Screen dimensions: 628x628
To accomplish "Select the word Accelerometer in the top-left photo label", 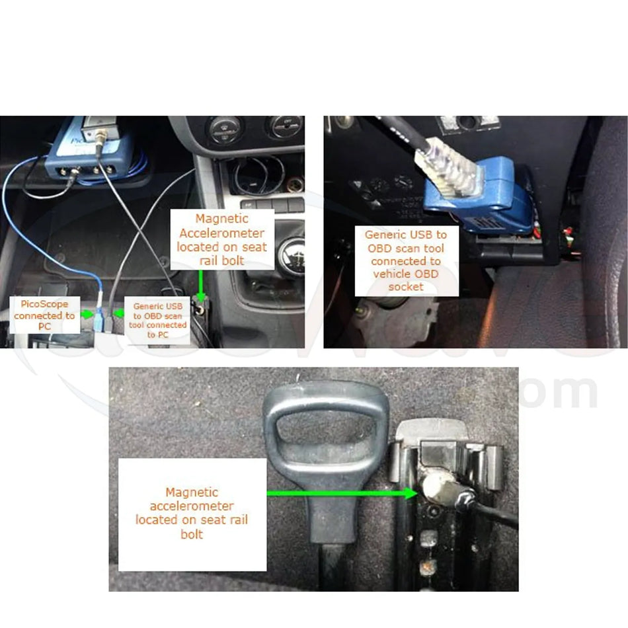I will pyautogui.click(x=221, y=233).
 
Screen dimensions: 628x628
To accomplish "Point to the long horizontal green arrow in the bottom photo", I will pyautogui.click(x=340, y=492).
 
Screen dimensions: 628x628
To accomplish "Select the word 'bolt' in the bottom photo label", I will pyautogui.click(x=191, y=533).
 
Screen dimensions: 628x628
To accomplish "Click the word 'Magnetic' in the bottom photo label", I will pyautogui.click(x=192, y=492).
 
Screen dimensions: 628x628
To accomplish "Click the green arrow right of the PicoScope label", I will pyautogui.click(x=86, y=315).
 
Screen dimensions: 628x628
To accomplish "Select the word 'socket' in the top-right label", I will pyautogui.click(x=405, y=286).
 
